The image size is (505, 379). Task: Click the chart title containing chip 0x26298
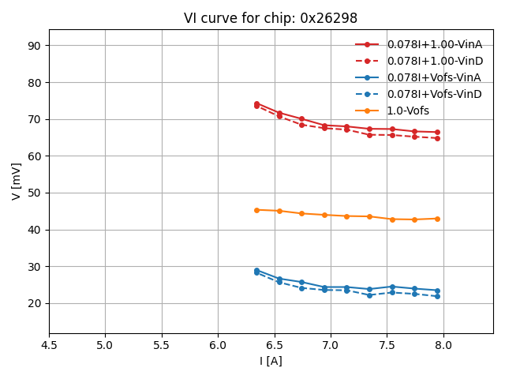click(x=271, y=18)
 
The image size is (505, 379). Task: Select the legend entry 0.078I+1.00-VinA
click(x=434, y=44)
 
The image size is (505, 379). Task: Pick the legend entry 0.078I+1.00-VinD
click(x=434, y=61)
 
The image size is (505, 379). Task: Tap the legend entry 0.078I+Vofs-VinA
click(x=434, y=77)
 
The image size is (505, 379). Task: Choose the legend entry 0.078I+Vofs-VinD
click(x=434, y=94)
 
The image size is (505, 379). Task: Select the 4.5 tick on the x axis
click(x=49, y=345)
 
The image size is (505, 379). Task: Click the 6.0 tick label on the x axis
click(x=218, y=345)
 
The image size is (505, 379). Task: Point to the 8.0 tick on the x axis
click(x=443, y=345)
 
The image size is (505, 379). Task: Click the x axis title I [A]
click(x=271, y=361)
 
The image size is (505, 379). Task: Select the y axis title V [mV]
click(x=17, y=182)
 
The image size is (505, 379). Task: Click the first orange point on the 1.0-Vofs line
click(x=256, y=210)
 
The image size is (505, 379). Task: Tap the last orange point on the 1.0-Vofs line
click(x=437, y=219)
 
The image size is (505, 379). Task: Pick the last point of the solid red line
click(x=437, y=132)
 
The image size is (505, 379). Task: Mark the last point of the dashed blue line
click(x=437, y=296)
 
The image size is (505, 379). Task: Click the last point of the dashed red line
click(x=437, y=138)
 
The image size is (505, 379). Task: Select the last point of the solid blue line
click(x=437, y=291)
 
